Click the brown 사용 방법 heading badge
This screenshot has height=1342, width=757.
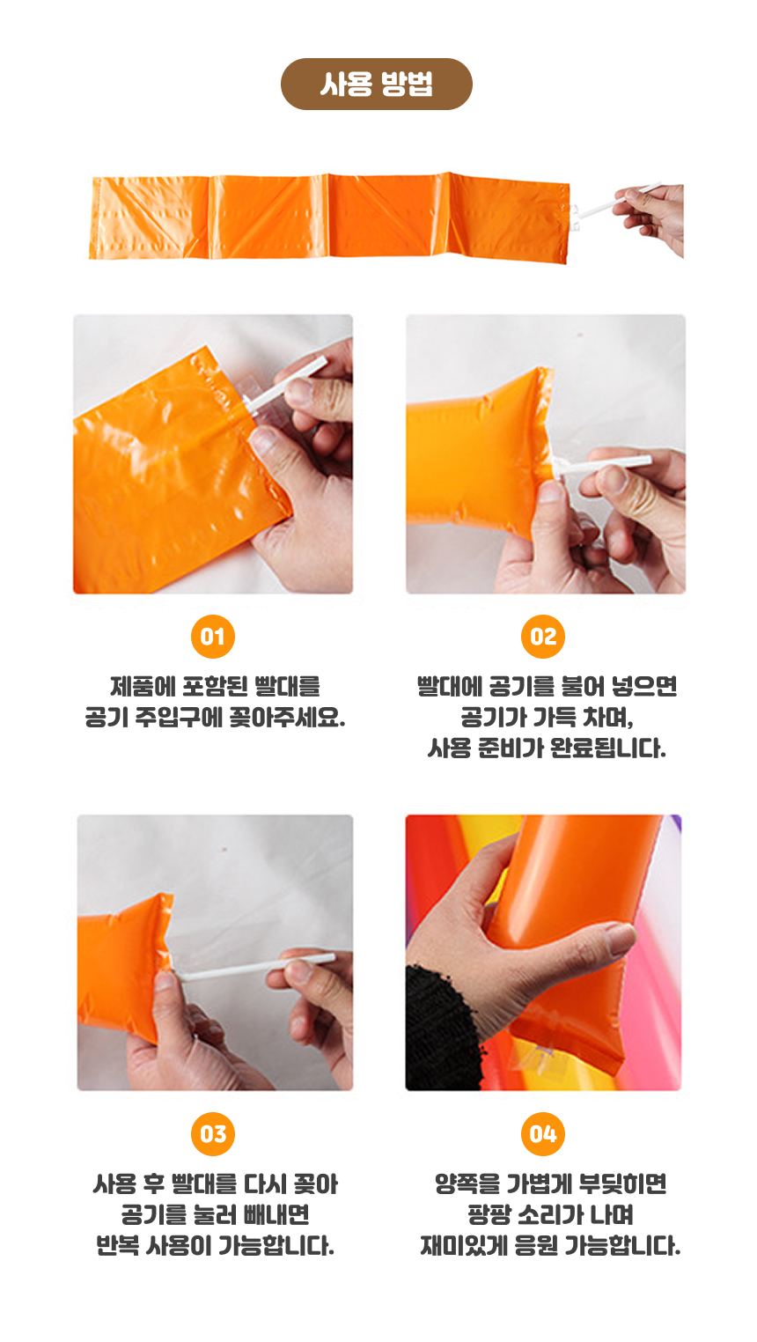[x=376, y=84]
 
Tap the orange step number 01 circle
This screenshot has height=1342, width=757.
[x=213, y=637]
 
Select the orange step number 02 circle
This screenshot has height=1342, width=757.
[x=543, y=637]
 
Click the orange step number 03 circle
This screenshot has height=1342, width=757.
[x=213, y=1134]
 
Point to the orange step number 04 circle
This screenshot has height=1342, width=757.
[x=543, y=1134]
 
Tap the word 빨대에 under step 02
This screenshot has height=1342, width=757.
[x=450, y=686]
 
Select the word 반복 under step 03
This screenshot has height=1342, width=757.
[x=118, y=1245]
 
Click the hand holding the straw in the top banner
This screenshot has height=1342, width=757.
[x=653, y=217]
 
